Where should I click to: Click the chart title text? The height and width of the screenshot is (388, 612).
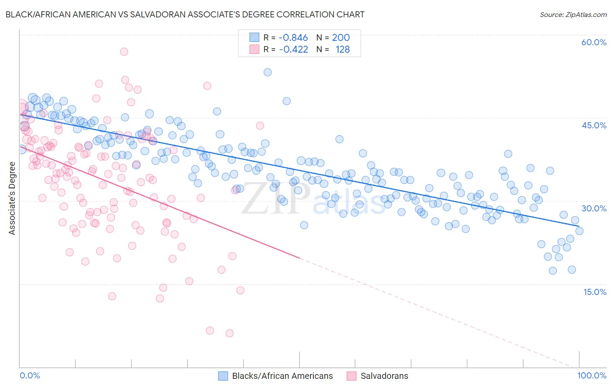[x=185, y=14]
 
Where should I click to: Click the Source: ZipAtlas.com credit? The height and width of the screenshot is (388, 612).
[x=573, y=14]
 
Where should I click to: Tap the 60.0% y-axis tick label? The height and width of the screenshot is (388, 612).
[x=594, y=42]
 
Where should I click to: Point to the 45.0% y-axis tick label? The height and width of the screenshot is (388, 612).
[x=594, y=125]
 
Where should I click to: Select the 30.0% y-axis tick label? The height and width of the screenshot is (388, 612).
[x=594, y=208]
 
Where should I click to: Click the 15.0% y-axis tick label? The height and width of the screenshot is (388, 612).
[x=595, y=292]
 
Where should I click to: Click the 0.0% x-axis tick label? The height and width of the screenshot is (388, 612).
[x=30, y=375]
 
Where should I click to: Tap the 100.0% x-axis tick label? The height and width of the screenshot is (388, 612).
[x=592, y=375]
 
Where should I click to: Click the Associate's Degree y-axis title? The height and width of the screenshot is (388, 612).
[x=12, y=198]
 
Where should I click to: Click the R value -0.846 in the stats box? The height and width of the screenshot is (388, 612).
[x=293, y=38]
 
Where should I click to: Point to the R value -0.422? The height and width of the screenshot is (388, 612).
[x=293, y=50]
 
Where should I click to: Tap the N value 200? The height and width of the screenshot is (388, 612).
[x=341, y=38]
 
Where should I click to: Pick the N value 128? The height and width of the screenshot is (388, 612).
[x=343, y=50]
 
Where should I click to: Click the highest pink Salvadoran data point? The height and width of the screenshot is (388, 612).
[x=124, y=51]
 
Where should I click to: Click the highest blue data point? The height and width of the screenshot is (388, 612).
[x=268, y=72]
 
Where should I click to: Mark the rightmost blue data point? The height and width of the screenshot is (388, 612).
[x=579, y=231]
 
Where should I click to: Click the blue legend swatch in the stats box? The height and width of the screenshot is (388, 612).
[x=254, y=38]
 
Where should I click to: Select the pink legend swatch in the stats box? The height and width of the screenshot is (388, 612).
[x=254, y=50]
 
